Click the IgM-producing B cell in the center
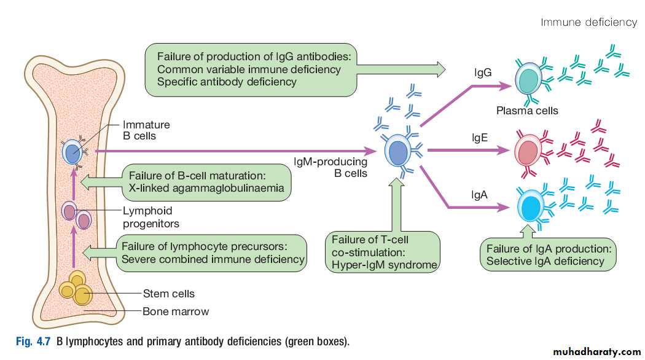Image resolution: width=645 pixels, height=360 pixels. [397, 151]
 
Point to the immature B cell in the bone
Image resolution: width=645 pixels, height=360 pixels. [73, 151]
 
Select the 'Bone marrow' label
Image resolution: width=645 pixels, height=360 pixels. [176, 311]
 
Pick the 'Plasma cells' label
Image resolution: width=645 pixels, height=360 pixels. [527, 111]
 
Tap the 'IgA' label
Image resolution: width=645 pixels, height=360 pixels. [479, 195]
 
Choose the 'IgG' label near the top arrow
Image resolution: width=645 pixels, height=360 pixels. [483, 73]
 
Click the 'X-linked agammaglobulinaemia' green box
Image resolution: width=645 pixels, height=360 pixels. [206, 182]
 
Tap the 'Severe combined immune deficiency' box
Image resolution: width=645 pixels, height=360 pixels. [213, 252]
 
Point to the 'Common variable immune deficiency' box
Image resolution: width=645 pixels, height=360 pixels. [252, 69]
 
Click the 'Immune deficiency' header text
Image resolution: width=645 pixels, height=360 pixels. [588, 23]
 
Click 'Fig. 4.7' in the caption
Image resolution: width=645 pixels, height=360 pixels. [34, 341]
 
